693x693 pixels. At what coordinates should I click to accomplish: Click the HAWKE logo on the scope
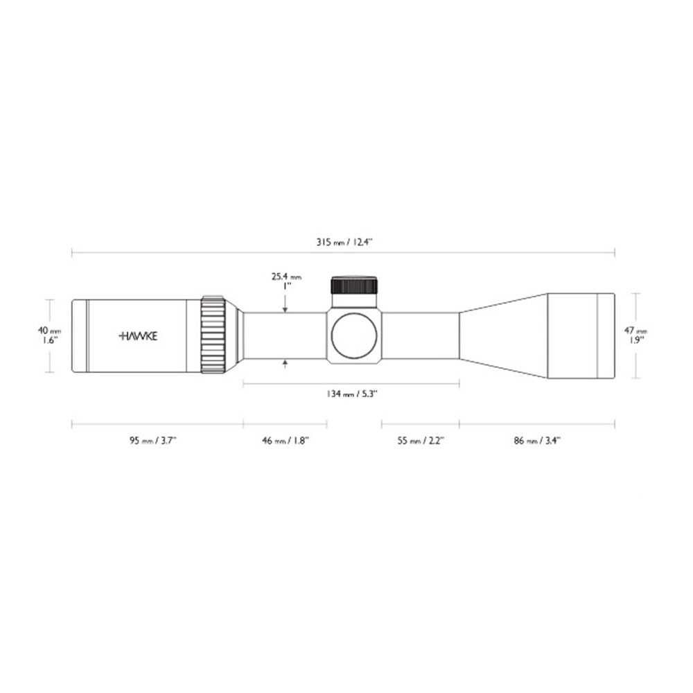(x=139, y=336)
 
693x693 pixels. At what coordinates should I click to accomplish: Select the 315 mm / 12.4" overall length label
(x=344, y=242)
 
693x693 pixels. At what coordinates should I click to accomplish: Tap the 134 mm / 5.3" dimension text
(x=351, y=394)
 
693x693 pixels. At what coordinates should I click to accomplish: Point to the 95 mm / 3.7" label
(x=153, y=440)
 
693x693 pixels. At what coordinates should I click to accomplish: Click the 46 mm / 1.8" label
(x=286, y=440)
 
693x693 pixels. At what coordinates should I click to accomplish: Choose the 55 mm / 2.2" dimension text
(x=421, y=440)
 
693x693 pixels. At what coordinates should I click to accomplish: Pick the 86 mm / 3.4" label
(x=537, y=440)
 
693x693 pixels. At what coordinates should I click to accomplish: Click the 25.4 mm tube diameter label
(x=286, y=277)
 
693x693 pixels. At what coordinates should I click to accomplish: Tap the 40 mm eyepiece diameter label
(x=49, y=331)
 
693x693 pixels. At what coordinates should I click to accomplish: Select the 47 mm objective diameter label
(x=635, y=330)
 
